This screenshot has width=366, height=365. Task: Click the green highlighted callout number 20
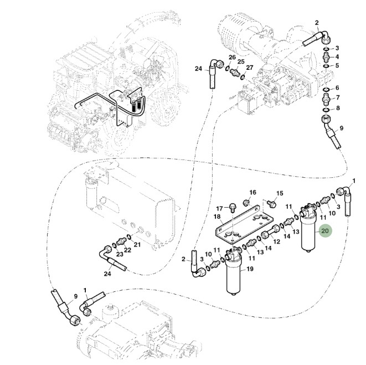point(325,231)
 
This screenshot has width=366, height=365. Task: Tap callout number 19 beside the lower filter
point(250,269)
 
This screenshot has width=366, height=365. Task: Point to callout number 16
point(252,193)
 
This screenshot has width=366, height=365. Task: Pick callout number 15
point(280,193)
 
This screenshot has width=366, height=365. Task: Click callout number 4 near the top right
point(337,56)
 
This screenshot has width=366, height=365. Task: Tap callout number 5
point(337,65)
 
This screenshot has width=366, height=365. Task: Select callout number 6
point(337,88)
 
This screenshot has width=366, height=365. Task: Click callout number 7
point(337,98)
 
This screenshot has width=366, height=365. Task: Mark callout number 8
point(337,107)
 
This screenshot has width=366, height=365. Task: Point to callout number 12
point(277,242)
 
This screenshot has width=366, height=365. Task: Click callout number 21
point(137,244)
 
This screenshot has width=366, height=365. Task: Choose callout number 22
point(127,250)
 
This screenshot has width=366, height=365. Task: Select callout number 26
point(232,58)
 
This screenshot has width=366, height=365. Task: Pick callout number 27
point(250,68)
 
